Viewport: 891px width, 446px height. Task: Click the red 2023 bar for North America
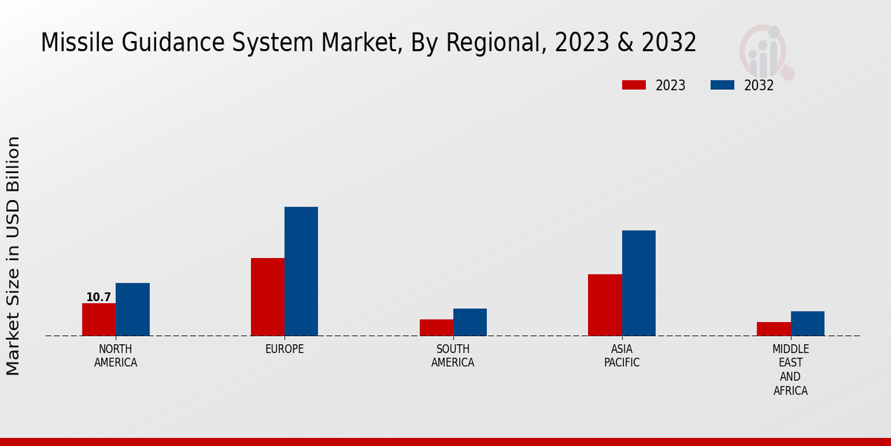pos(99,320)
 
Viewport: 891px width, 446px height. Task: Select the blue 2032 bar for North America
pos(132,309)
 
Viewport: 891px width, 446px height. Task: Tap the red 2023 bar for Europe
pos(267,297)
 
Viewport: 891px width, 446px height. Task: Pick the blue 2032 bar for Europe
pos(301,271)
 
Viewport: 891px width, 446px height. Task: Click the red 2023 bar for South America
pos(436,328)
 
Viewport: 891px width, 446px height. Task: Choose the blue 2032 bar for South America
pos(470,322)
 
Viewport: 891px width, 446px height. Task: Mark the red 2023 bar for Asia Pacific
pos(604,305)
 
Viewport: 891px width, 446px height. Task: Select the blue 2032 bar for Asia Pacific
pos(639,283)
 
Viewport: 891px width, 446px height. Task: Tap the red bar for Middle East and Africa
pos(774,329)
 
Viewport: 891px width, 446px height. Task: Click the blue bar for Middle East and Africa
pos(807,323)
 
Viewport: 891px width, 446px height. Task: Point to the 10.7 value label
pos(98,297)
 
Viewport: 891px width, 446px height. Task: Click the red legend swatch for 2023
pos(633,85)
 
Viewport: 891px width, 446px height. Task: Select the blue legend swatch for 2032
pos(722,85)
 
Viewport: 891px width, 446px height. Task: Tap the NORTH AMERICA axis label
pos(116,356)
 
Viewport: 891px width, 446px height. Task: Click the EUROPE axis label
pos(284,349)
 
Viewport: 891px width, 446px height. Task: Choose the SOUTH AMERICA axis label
pos(453,356)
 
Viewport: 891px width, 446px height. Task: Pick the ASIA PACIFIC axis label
pos(621,356)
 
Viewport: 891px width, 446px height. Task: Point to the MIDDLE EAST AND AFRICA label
pos(791,369)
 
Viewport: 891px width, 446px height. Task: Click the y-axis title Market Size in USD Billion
pos(13,256)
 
